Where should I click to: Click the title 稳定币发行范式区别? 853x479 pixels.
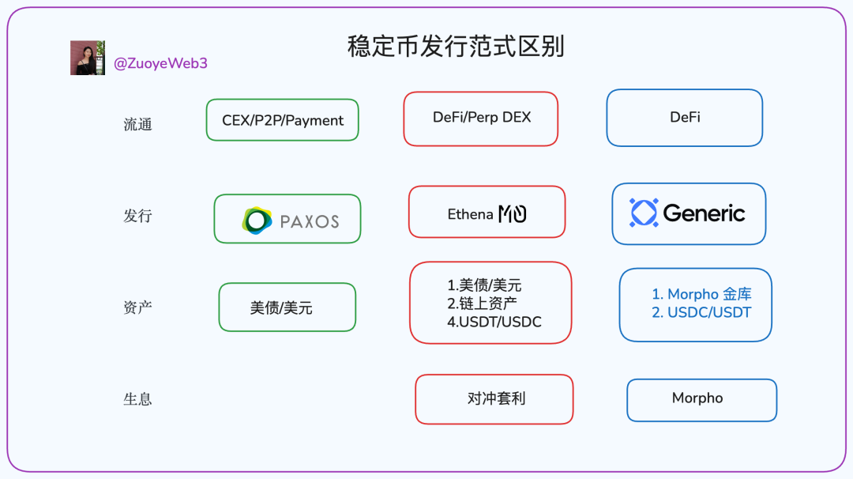[x=456, y=47]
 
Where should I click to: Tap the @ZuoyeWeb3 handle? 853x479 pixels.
[x=160, y=64]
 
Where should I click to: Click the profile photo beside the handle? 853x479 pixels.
[x=88, y=58]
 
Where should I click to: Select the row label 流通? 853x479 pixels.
[x=137, y=125]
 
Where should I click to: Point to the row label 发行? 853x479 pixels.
[x=137, y=216]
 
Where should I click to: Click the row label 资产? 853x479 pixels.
[x=137, y=307]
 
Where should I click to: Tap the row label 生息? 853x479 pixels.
[x=137, y=399]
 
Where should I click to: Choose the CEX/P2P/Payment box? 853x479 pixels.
[x=282, y=120]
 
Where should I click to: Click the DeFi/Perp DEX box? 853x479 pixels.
[x=481, y=119]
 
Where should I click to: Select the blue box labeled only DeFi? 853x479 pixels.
[x=685, y=118]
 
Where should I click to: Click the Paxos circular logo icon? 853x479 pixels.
[x=257, y=221]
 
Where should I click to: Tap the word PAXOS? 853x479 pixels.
[x=310, y=221]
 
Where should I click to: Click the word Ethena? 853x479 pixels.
[x=470, y=214]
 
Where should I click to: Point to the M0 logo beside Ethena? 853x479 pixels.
[x=513, y=214]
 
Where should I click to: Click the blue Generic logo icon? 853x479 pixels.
[x=644, y=213]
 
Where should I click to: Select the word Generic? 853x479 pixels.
[x=704, y=213]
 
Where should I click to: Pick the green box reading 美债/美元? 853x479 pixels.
[x=287, y=307]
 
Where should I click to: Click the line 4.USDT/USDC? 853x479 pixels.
[x=494, y=322]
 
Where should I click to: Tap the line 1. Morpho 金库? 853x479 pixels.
[x=702, y=294]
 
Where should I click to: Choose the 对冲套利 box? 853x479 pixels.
[x=494, y=399]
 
